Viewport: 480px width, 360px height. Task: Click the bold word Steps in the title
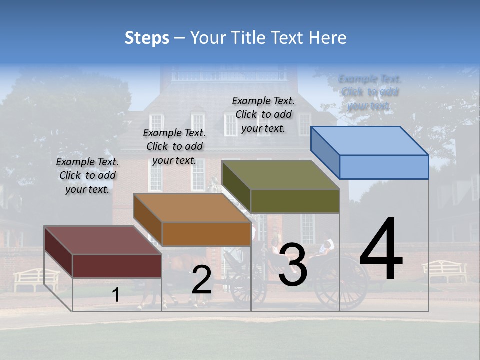pos(147,38)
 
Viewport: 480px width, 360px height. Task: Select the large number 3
pos(293,264)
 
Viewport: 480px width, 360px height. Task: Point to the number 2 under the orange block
pos(201,280)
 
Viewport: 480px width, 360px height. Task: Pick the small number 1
pos(115,295)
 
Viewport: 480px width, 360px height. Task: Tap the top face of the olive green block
pos(281,175)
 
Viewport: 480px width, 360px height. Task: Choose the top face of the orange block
pos(192,208)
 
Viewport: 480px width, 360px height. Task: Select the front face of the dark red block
pos(117,266)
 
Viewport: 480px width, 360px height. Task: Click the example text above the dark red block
pos(87,175)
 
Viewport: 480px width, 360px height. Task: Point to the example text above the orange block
pos(174,146)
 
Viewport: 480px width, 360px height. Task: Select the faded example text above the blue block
pos(369,92)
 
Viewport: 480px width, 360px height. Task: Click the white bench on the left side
pos(36,279)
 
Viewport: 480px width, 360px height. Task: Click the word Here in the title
pos(328,38)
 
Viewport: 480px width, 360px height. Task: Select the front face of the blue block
pos(384,167)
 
